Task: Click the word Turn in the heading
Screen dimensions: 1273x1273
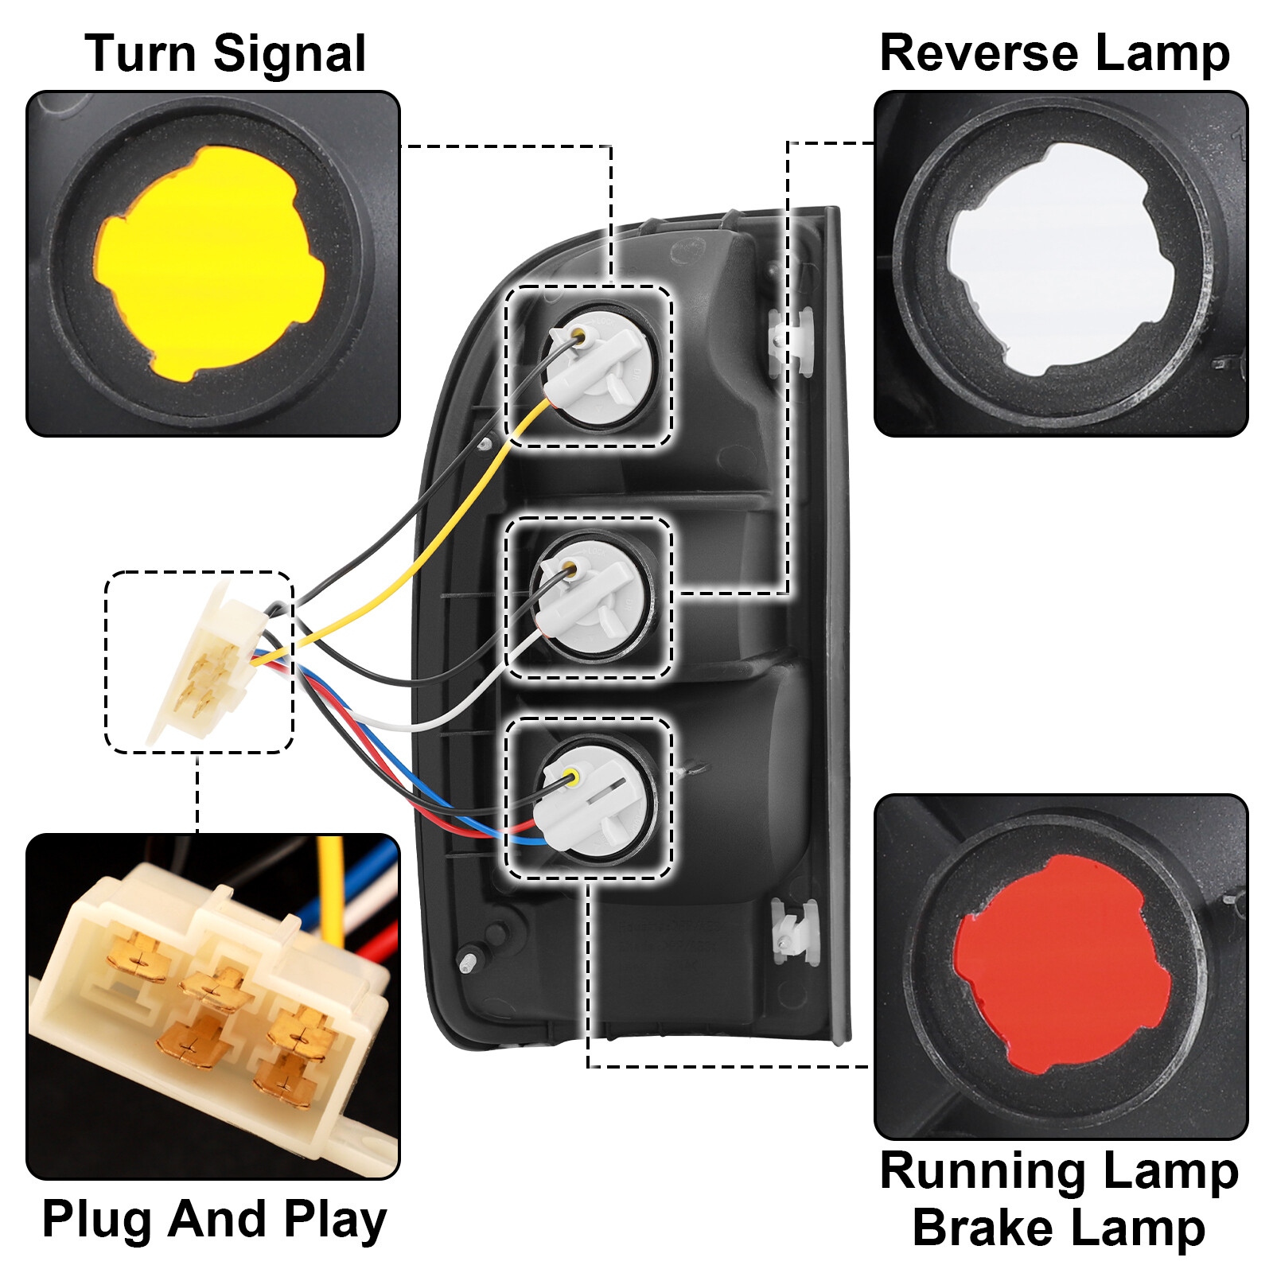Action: point(139,54)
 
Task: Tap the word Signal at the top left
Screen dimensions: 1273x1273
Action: point(290,54)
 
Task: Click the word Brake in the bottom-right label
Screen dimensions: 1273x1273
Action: point(983,1228)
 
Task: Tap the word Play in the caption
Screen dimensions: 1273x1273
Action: point(335,1220)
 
